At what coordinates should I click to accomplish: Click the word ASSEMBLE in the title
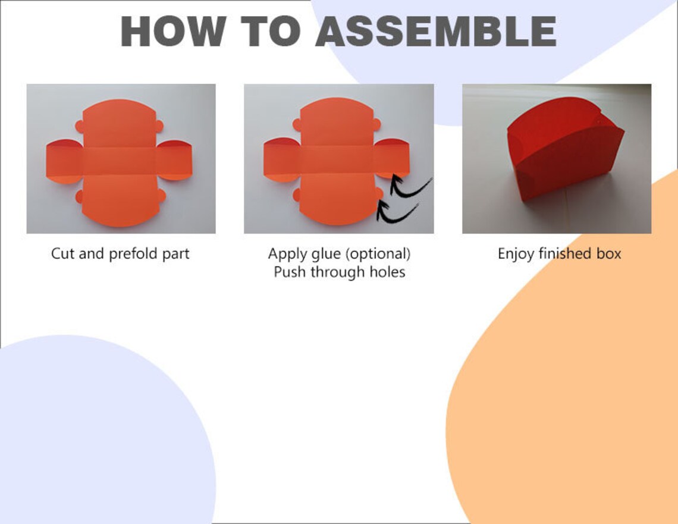pos(436,31)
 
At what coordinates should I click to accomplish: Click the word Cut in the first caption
pos(62,253)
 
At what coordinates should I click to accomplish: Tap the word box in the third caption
pos(609,254)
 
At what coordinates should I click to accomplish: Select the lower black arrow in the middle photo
pos(395,214)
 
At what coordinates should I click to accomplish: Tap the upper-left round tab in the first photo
pos(80,127)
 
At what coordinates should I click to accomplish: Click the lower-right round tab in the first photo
pos(161,196)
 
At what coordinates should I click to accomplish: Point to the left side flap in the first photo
pos(64,161)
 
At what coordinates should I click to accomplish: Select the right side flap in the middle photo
pos(391,158)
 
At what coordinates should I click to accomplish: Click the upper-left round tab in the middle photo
pos(297,125)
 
